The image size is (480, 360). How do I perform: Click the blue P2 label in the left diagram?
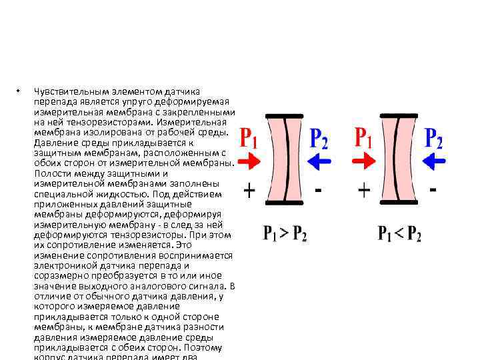coord(319,139)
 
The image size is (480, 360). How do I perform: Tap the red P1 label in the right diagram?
coord(364,137)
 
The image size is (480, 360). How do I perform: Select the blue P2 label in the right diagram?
coord(434,139)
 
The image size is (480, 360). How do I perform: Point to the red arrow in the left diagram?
coord(249,162)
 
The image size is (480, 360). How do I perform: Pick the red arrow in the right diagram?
coord(364,161)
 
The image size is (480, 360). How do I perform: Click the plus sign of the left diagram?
coord(249,192)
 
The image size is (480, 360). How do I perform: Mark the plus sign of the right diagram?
coord(364,191)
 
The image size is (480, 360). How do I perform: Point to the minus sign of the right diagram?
coord(433,190)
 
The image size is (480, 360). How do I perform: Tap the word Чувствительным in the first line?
coord(65,91)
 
